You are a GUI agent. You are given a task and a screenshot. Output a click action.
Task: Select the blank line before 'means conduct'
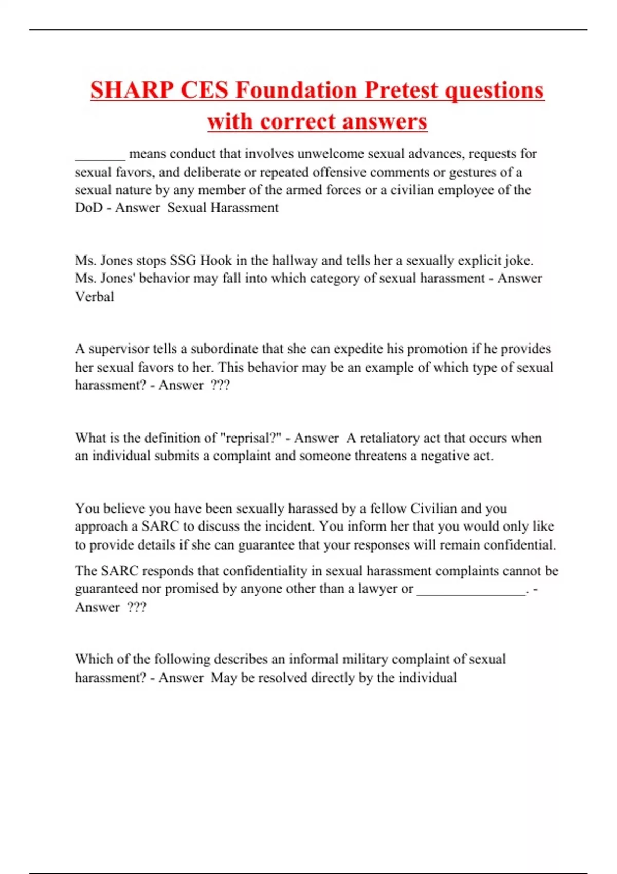click(100, 154)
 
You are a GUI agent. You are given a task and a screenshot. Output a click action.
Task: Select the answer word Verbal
click(95, 297)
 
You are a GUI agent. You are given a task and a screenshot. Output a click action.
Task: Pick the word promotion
click(438, 349)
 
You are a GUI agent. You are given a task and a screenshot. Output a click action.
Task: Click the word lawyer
click(378, 589)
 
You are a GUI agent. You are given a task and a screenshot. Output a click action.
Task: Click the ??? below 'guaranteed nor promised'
click(136, 607)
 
